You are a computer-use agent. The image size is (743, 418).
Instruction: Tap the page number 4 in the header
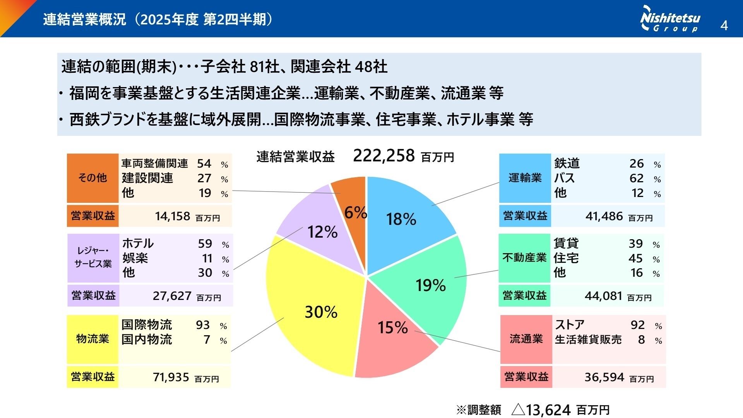coord(724,26)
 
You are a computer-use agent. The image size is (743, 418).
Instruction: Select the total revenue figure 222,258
coord(384,156)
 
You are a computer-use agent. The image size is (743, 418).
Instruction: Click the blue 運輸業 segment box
coord(525,178)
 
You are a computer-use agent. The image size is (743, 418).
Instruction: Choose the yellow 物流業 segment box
coord(92,339)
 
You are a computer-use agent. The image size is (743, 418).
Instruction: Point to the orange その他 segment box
coord(92,178)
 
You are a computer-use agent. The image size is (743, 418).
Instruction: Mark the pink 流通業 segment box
coord(526,339)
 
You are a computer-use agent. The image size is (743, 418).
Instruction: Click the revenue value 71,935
coord(171,377)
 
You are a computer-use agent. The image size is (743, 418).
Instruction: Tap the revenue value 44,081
coord(603,296)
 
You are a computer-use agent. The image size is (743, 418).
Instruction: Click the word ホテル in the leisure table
coord(138,243)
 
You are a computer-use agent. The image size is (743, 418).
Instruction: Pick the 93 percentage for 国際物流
coord(203,325)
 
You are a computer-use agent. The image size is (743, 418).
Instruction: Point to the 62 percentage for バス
coord(637,178)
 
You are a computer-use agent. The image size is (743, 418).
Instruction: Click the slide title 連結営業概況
coord(84,19)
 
